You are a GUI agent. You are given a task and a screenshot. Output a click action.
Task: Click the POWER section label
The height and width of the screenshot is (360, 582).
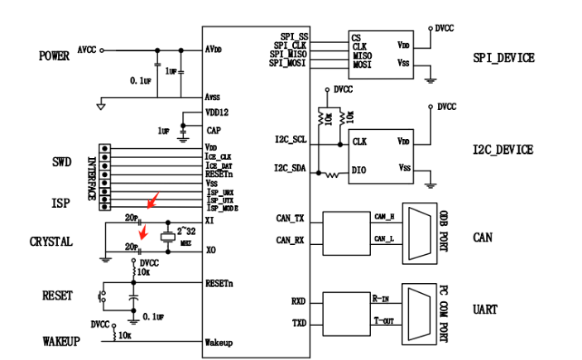click(54, 56)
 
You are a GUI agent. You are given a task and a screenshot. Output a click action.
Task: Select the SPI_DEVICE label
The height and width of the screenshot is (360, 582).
click(503, 58)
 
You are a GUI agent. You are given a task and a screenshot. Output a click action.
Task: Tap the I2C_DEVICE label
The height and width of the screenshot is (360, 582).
click(503, 150)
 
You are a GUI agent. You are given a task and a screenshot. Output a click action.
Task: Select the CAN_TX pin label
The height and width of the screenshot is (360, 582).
click(291, 218)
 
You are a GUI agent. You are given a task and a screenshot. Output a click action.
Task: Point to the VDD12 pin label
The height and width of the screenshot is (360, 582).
click(216, 114)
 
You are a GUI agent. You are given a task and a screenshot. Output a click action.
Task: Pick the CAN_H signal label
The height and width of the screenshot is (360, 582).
click(384, 216)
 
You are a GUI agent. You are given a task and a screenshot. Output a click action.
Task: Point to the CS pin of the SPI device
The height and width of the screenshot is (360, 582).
click(357, 38)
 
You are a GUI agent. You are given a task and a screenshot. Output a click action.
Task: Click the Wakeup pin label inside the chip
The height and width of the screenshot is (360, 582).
click(219, 342)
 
